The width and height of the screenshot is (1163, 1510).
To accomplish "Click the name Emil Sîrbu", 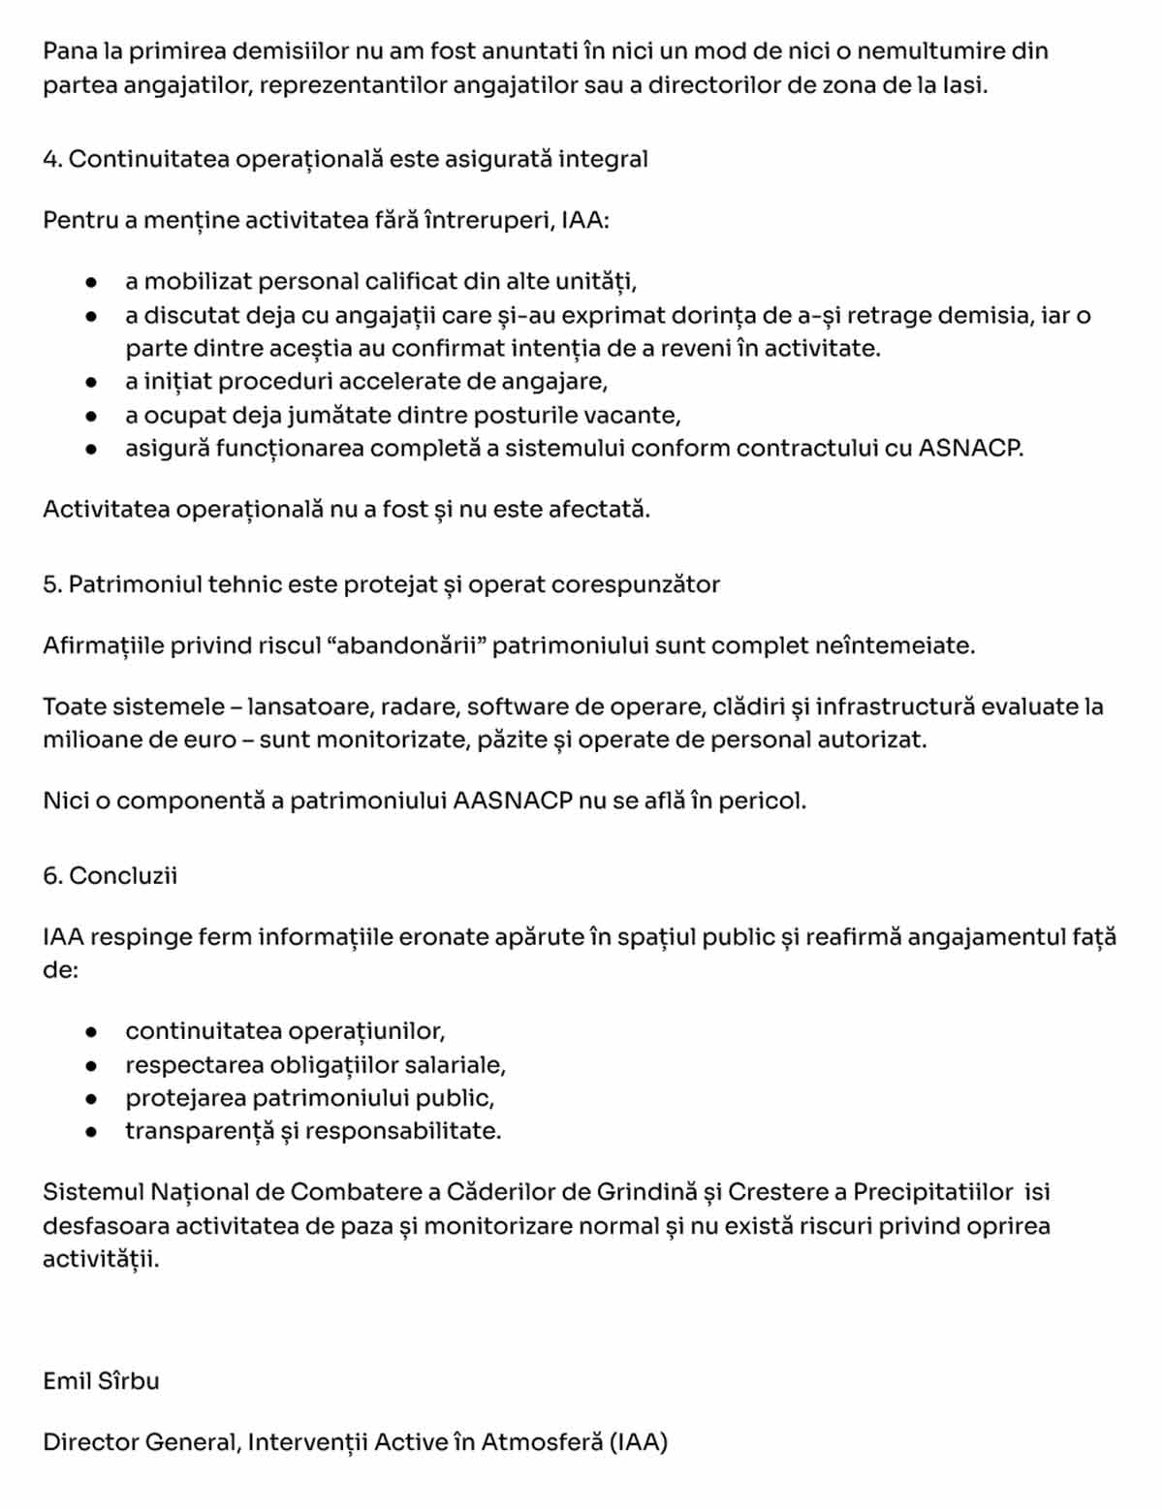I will [101, 1380].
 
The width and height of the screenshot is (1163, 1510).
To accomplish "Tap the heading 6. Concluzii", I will [110, 875].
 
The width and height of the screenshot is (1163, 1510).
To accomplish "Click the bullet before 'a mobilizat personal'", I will [91, 282].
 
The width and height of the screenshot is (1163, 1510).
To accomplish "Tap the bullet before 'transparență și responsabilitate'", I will [91, 1131].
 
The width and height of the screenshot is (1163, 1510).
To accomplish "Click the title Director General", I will [141, 1442].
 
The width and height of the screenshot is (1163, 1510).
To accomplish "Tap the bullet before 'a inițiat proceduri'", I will [91, 382].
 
